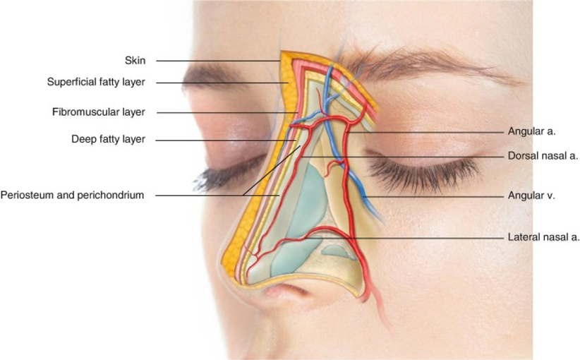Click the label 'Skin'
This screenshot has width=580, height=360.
click(x=135, y=60)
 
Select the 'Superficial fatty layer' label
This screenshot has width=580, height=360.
click(x=96, y=82)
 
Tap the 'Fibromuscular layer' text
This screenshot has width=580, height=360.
click(x=98, y=112)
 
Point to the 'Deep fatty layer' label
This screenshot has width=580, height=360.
click(x=108, y=139)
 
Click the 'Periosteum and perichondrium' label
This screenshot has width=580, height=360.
click(x=72, y=195)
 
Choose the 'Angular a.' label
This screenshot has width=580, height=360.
click(x=531, y=131)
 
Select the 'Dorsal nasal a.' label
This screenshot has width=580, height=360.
click(x=543, y=156)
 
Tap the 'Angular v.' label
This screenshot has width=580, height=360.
click(x=531, y=196)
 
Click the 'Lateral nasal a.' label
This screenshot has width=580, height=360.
click(x=543, y=237)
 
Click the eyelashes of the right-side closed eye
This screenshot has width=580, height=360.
click(x=422, y=171)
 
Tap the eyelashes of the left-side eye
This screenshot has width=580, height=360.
click(x=229, y=174)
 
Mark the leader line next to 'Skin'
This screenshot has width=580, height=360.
click(x=218, y=61)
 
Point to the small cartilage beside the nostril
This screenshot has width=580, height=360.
click(x=334, y=251)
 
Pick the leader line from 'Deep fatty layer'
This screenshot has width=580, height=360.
click(x=226, y=140)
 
